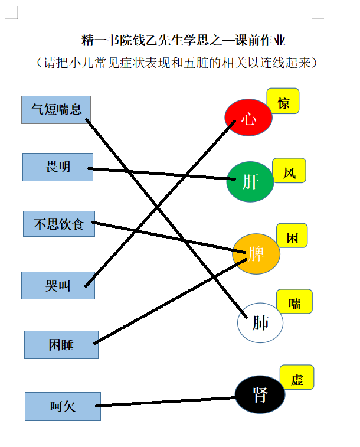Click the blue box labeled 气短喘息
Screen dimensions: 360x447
(x=56, y=110)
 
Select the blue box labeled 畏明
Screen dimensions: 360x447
(x=58, y=167)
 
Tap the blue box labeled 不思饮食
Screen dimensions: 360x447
(x=59, y=224)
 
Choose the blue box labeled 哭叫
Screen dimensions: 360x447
(x=58, y=285)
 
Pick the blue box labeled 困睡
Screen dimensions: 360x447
(x=61, y=345)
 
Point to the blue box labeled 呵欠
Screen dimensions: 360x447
(x=63, y=406)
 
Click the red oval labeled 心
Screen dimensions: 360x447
(x=248, y=117)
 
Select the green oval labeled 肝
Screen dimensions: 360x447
(x=250, y=182)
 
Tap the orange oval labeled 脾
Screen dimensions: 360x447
(x=256, y=254)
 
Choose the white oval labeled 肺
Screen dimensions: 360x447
(x=260, y=323)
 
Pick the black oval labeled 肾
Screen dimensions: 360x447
(x=260, y=394)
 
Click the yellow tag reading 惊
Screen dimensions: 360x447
(x=283, y=101)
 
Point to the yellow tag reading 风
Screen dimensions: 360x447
(x=289, y=171)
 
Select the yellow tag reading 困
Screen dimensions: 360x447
(x=292, y=236)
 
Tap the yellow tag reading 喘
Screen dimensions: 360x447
(x=294, y=301)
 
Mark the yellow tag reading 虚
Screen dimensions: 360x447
(x=297, y=377)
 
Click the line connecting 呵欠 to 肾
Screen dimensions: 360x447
(x=166, y=402)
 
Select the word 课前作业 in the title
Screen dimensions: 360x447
(x=260, y=40)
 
